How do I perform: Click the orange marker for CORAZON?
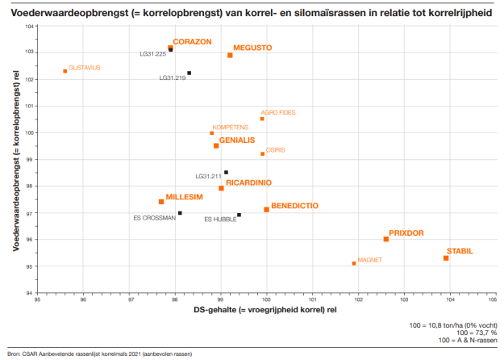pos(171,48)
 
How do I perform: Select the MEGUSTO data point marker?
pos(230,55)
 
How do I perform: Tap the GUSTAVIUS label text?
pos(85,68)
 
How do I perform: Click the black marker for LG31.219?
pos(190,73)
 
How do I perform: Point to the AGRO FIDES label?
pos(277,112)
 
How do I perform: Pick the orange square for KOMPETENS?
pos(212,133)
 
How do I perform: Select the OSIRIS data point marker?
pos(263,153)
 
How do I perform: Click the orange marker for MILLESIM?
pos(161,202)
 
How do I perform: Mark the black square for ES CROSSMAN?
pos(180,213)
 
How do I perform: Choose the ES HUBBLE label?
pos(219,219)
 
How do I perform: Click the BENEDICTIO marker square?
pos(267,210)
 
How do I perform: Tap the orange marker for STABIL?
pos(446,258)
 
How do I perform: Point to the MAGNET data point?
pos(354,263)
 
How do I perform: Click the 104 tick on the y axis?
pos(30,27)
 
